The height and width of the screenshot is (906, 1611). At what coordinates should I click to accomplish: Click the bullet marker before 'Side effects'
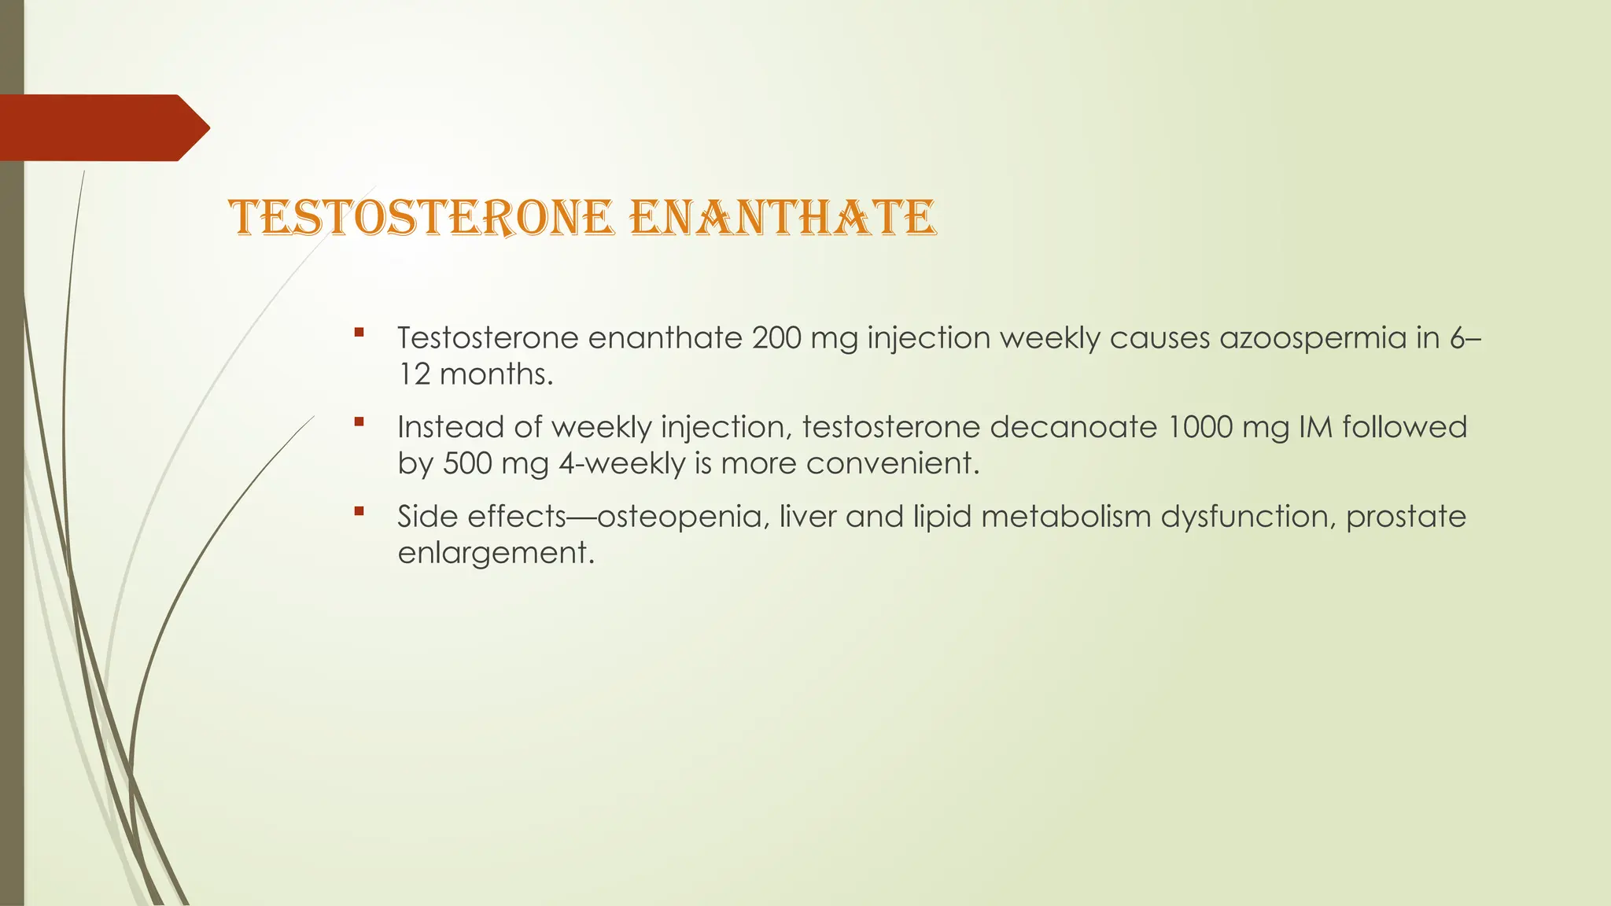click(x=359, y=511)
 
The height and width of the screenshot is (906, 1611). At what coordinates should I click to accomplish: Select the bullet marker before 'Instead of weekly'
click(x=359, y=422)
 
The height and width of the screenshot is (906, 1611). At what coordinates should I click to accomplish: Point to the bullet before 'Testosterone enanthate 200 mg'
click(x=359, y=333)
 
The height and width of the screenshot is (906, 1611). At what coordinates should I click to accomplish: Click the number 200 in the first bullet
click(x=777, y=338)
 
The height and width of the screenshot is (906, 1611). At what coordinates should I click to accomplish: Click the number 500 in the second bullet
click(x=467, y=463)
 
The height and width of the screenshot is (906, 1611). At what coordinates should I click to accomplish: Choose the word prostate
click(x=1406, y=517)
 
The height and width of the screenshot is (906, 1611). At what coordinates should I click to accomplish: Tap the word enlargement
click(x=494, y=553)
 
